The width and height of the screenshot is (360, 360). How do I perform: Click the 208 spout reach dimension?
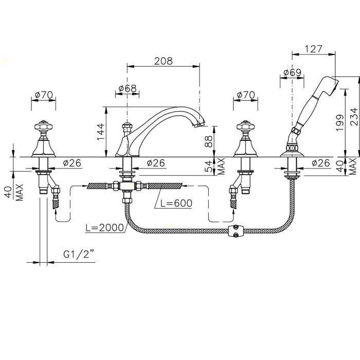coord(163,61)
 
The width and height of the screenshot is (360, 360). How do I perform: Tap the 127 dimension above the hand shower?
coord(314,49)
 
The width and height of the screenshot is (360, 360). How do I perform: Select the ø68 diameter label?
coord(128,88)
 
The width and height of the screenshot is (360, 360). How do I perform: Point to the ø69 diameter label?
coord(292,73)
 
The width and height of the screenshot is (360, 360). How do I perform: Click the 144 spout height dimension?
coord(101,132)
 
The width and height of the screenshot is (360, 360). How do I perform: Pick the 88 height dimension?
coord(209,141)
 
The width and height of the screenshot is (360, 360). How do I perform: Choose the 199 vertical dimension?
coord(340,122)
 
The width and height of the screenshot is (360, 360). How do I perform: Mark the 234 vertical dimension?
coord(354,117)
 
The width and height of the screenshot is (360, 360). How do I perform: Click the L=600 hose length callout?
coord(176,203)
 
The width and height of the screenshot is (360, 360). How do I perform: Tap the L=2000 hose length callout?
coord(105,227)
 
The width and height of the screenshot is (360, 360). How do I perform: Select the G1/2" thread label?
coord(79,254)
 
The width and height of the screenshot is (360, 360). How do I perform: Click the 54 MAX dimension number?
coord(209,166)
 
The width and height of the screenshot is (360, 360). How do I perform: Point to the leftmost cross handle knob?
coord(43,126)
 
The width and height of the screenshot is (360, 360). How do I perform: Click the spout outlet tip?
coord(200,124)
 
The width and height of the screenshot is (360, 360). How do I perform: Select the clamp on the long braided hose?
coord(235,231)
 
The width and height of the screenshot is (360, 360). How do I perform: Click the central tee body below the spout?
coord(127,186)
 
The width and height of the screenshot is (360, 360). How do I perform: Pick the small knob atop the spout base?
coord(127,127)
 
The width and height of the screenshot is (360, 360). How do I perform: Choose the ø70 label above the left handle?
coord(44,95)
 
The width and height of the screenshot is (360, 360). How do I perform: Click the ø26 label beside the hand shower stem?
coord(321,163)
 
